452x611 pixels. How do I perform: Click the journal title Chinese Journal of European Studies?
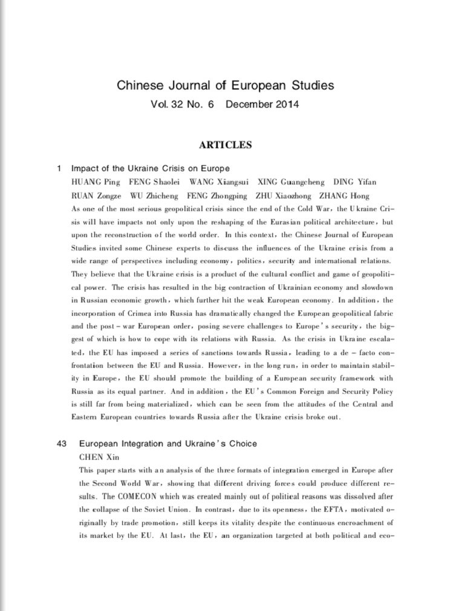(x=226, y=85)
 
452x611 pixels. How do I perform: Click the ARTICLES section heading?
(x=226, y=145)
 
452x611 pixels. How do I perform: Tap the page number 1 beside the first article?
(x=59, y=168)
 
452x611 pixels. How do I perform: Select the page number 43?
(x=61, y=443)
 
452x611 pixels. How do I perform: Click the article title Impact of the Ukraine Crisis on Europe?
(x=151, y=168)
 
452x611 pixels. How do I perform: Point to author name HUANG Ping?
(x=96, y=181)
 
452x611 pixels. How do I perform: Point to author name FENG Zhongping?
(x=217, y=196)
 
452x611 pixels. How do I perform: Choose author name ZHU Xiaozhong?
(x=284, y=196)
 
